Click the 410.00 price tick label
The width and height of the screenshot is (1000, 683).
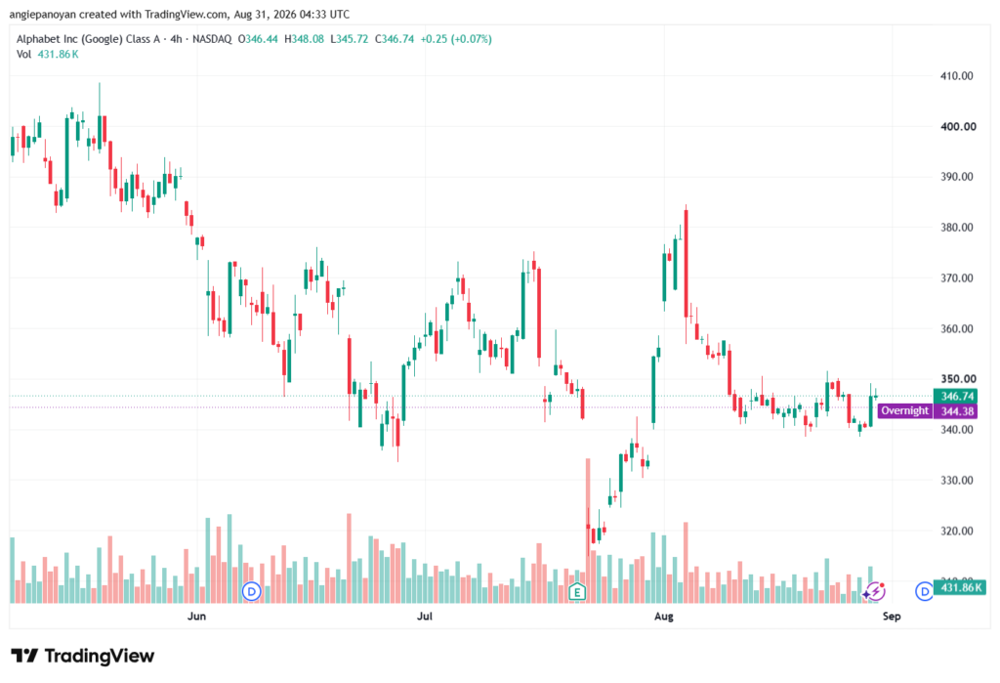click(957, 76)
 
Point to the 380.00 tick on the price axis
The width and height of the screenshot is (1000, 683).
click(957, 228)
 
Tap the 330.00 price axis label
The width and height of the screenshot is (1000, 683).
click(957, 480)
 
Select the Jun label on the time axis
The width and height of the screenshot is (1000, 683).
click(196, 616)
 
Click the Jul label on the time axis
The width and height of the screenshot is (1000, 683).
click(424, 616)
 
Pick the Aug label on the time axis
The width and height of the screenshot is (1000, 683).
click(664, 616)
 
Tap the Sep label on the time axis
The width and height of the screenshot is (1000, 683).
click(892, 616)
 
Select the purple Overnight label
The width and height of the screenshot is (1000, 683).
click(905, 411)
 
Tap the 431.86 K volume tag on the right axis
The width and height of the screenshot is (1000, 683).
click(960, 587)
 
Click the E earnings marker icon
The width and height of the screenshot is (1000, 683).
click(576, 592)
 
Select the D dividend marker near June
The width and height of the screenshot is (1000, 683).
click(252, 592)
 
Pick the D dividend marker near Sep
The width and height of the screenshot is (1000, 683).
click(924, 592)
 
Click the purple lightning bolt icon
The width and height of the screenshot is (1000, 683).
click(876, 591)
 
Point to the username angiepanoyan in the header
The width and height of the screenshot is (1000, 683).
click(42, 14)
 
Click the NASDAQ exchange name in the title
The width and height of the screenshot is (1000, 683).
click(212, 39)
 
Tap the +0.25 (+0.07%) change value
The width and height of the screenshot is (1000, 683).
click(456, 39)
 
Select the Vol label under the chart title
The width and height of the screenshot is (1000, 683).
click(23, 55)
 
